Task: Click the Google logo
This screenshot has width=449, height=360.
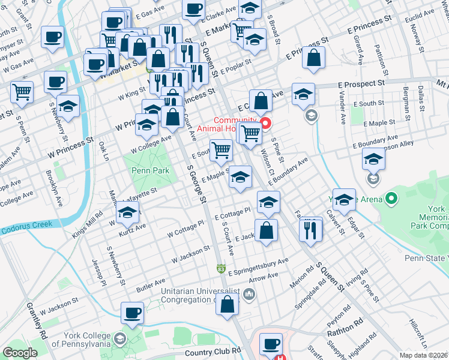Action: (x=20, y=353)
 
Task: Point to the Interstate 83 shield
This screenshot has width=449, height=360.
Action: (x=221, y=267)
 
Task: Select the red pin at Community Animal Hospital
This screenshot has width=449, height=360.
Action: (x=264, y=124)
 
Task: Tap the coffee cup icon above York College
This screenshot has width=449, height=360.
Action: (x=133, y=313)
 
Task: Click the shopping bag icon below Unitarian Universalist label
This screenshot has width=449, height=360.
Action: (x=228, y=304)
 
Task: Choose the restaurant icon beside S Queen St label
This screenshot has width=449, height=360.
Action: (x=310, y=229)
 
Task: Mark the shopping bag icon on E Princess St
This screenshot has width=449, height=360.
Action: (x=314, y=58)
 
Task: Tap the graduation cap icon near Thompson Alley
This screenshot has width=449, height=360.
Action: (x=374, y=160)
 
